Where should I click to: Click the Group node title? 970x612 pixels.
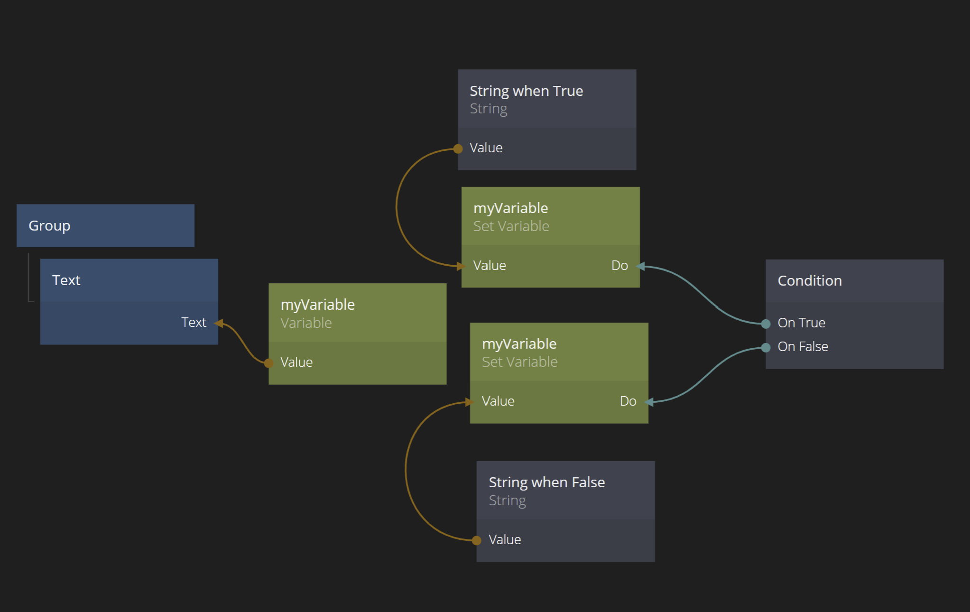pos(49,226)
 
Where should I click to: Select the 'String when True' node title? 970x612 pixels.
pos(526,91)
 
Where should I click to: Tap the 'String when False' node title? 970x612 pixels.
pos(546,482)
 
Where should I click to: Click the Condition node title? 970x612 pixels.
pos(809,281)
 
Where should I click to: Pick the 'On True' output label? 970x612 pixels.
pos(801,323)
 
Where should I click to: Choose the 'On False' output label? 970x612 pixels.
pos(803,347)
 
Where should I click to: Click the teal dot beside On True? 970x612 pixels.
pos(766,324)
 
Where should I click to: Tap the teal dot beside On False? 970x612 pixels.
pos(766,348)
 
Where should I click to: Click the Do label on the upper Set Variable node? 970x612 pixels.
pos(619,266)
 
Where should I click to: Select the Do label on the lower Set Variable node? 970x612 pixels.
pos(628,401)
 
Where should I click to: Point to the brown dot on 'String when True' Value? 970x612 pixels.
pos(458,149)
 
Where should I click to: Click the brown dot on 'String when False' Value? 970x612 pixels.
pos(477,540)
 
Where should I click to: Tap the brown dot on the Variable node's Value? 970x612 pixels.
pos(268,363)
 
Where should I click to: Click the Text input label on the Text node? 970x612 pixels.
pos(194,323)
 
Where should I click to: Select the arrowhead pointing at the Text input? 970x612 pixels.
pos(219,324)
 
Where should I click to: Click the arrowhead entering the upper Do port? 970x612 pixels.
pos(641,267)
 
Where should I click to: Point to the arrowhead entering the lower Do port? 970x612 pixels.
pos(649,402)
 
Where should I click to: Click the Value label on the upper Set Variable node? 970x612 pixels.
pos(490,266)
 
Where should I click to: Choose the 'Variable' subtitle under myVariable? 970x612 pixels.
pos(306,323)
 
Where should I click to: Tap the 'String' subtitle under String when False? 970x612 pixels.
pos(507,501)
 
